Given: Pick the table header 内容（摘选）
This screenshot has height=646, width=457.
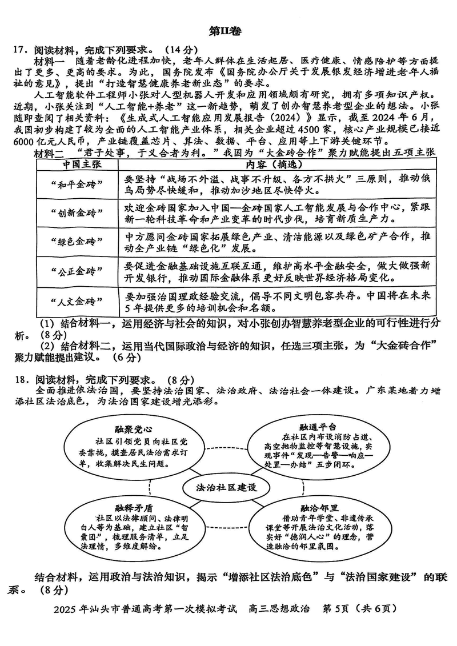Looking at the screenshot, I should [276, 163].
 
